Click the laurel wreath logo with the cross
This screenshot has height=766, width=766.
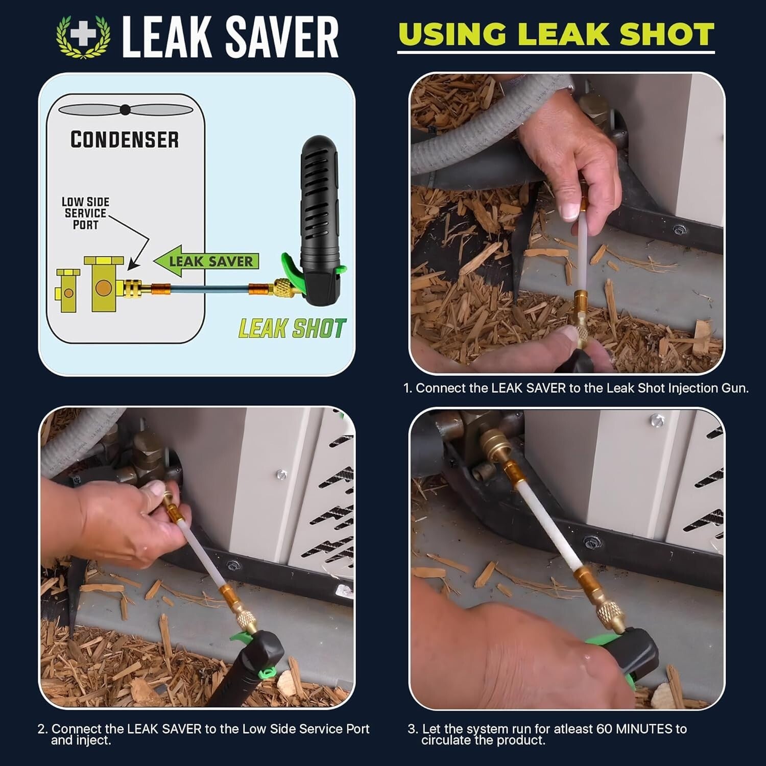[83, 37]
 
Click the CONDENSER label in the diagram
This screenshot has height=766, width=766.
[125, 139]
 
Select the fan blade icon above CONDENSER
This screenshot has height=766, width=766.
[125, 110]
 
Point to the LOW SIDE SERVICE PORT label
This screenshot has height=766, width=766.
[85, 213]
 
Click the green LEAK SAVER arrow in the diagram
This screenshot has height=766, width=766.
[207, 261]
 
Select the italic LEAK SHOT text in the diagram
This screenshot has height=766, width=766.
[292, 328]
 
